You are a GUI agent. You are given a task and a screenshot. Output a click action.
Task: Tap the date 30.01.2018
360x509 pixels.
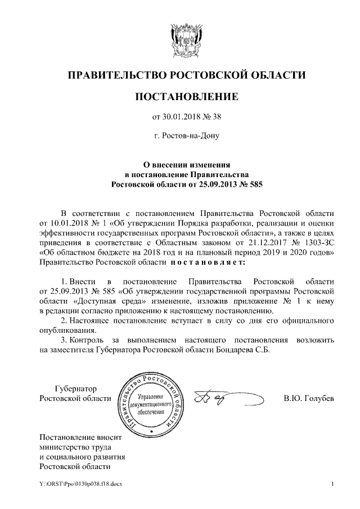(x=182, y=118)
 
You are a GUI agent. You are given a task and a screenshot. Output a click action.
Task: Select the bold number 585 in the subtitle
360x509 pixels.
(x=255, y=184)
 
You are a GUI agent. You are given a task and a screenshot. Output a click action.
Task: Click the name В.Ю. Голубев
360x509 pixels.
(x=309, y=399)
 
